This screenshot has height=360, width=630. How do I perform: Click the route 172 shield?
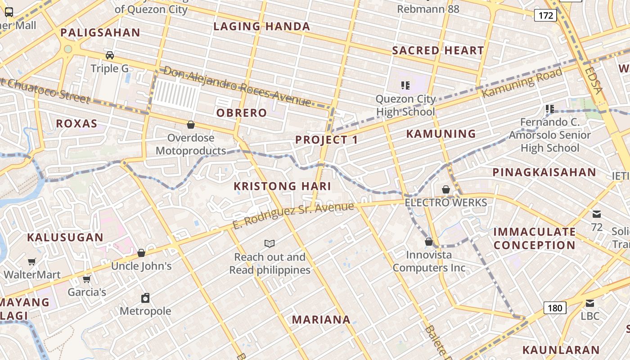coord(545,16)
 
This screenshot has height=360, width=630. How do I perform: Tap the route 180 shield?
coord(555,308)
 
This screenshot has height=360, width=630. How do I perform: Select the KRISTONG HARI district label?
coord(282,186)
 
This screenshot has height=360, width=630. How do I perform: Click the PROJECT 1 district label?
coord(326,140)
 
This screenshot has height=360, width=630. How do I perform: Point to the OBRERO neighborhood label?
coord(242,113)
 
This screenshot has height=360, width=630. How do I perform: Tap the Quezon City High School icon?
coord(405,85)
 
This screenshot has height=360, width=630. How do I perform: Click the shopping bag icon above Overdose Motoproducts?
coord(191,125)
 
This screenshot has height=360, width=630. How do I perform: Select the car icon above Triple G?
coord(109,55)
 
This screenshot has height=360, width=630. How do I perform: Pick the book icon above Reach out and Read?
coord(270,243)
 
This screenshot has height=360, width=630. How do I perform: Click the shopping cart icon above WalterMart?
coord(32,261)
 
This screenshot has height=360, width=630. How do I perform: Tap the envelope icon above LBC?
coord(590,303)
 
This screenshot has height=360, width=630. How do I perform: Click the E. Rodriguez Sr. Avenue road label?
coord(293,216)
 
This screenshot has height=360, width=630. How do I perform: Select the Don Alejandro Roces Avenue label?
coord(237,86)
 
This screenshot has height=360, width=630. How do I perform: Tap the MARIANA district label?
coord(321,319)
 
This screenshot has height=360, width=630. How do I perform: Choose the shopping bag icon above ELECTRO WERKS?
coord(445,189)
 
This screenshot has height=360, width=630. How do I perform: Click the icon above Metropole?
coord(145,298)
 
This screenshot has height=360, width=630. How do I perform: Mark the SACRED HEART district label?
coord(438,50)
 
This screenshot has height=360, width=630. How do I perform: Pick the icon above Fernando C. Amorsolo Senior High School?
coord(549,108)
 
